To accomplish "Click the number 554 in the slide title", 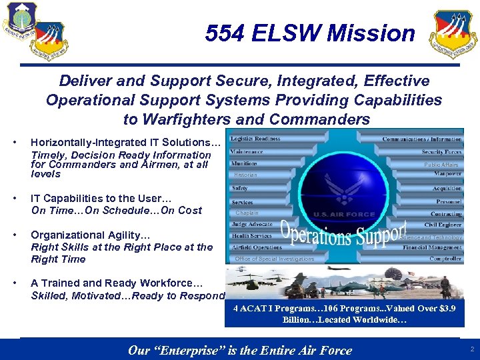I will (225, 33).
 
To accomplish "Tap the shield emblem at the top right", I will (453, 34).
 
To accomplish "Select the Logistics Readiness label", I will (255, 139).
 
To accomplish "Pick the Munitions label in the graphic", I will (244, 163).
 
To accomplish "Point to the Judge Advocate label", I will (252, 224).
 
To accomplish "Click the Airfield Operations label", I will (257, 247).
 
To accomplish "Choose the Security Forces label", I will (441, 152).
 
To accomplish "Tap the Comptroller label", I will (445, 259).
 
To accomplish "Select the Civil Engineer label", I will (443, 225).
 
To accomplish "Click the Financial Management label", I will (432, 247).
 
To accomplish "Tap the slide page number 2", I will (471, 349).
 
